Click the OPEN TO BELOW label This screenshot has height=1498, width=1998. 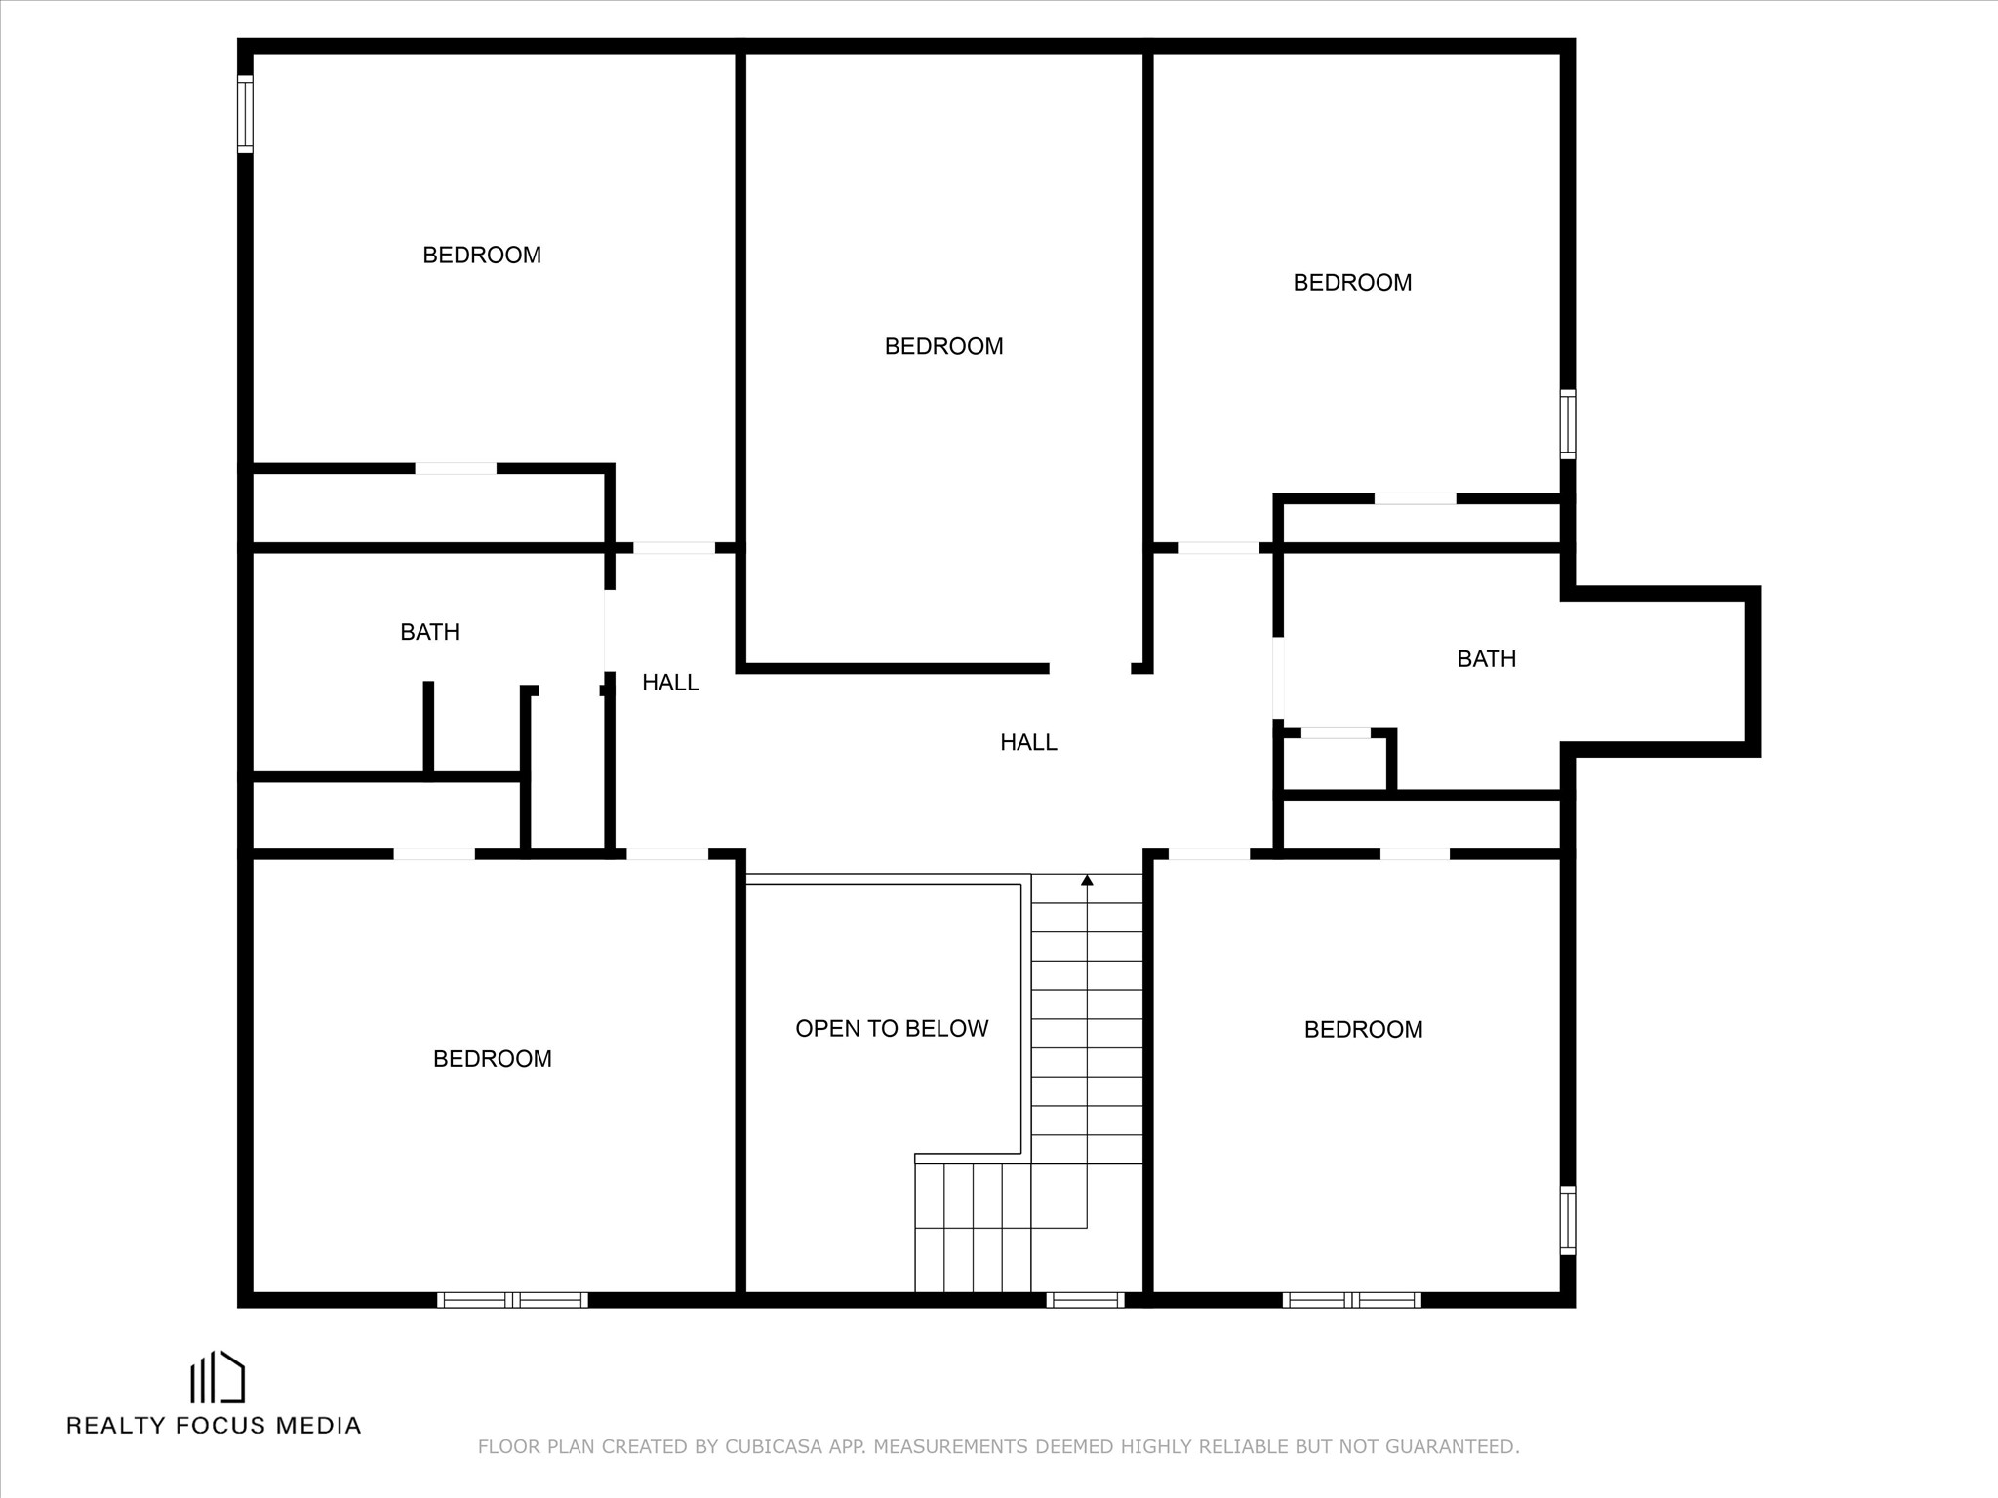(x=892, y=1028)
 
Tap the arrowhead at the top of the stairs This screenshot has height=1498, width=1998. (x=1087, y=880)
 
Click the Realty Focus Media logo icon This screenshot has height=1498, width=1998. (x=217, y=1376)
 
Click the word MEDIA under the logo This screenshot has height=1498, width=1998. (x=318, y=1425)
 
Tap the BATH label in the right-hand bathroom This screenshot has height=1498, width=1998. (x=1486, y=659)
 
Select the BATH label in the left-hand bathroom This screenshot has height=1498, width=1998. (x=429, y=632)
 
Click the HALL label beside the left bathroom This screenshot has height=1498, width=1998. (x=670, y=683)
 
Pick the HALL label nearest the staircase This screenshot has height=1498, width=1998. (x=1028, y=742)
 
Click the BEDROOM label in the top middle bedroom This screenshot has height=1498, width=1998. (x=943, y=346)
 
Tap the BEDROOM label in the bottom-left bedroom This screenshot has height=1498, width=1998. (x=492, y=1058)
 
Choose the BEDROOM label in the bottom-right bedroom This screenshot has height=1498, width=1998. (x=1363, y=1029)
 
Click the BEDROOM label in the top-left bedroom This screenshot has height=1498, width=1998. (x=481, y=255)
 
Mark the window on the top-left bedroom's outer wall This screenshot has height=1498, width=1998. (x=245, y=114)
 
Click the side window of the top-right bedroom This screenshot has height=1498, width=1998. (x=1567, y=424)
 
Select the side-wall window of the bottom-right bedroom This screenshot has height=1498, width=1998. (x=1567, y=1220)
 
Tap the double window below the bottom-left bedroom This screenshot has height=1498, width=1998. (x=512, y=1299)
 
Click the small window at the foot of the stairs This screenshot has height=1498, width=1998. (x=1085, y=1299)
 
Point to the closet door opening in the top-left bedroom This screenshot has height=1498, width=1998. (x=456, y=468)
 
